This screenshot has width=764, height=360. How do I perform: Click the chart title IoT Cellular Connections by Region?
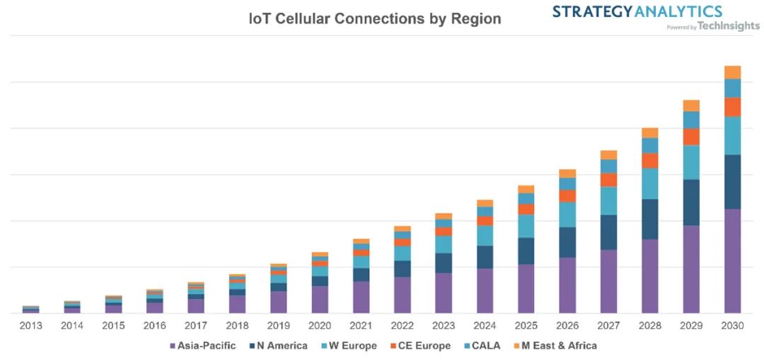pos(374,19)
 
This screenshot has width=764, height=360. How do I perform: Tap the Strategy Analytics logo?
pos(637,11)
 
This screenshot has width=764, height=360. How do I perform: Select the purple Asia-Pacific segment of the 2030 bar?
pos(732,261)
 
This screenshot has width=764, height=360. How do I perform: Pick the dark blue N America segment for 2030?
pos(732,182)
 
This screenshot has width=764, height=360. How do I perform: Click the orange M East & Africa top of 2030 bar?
pos(732,72)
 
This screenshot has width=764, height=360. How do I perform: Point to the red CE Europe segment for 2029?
pos(691,137)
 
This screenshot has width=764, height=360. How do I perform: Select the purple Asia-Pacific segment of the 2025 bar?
pos(526,289)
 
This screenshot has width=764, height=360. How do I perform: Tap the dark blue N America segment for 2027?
pos(608,232)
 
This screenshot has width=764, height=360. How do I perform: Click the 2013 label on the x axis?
pos(31,326)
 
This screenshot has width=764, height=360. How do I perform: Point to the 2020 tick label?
pos(320,326)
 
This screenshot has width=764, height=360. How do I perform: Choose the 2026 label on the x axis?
pos(567,326)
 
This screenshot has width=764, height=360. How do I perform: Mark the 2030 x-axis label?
pos(732,326)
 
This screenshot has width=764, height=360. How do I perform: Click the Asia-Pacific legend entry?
pos(202,346)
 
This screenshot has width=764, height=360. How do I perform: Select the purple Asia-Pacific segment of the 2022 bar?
pos(402,295)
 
